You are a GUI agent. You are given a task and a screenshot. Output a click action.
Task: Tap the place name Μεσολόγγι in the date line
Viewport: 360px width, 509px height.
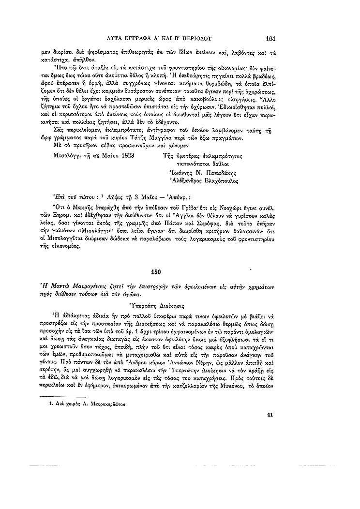(69, 156)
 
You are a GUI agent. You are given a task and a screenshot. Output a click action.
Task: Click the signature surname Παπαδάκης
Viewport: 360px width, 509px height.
(221, 173)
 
